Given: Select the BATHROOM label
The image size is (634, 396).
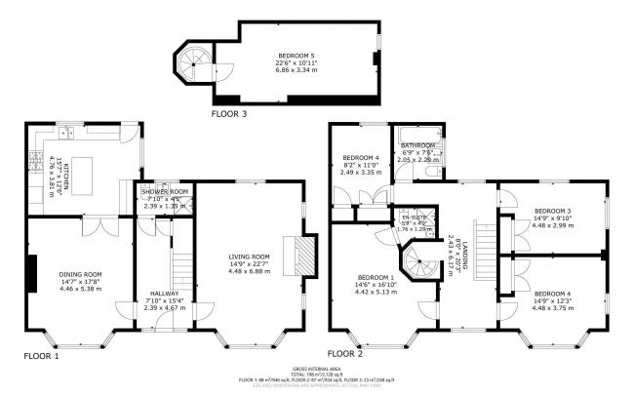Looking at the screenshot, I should pyautogui.click(x=417, y=146).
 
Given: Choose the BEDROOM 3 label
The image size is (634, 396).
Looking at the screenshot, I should pyautogui.click(x=553, y=211).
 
